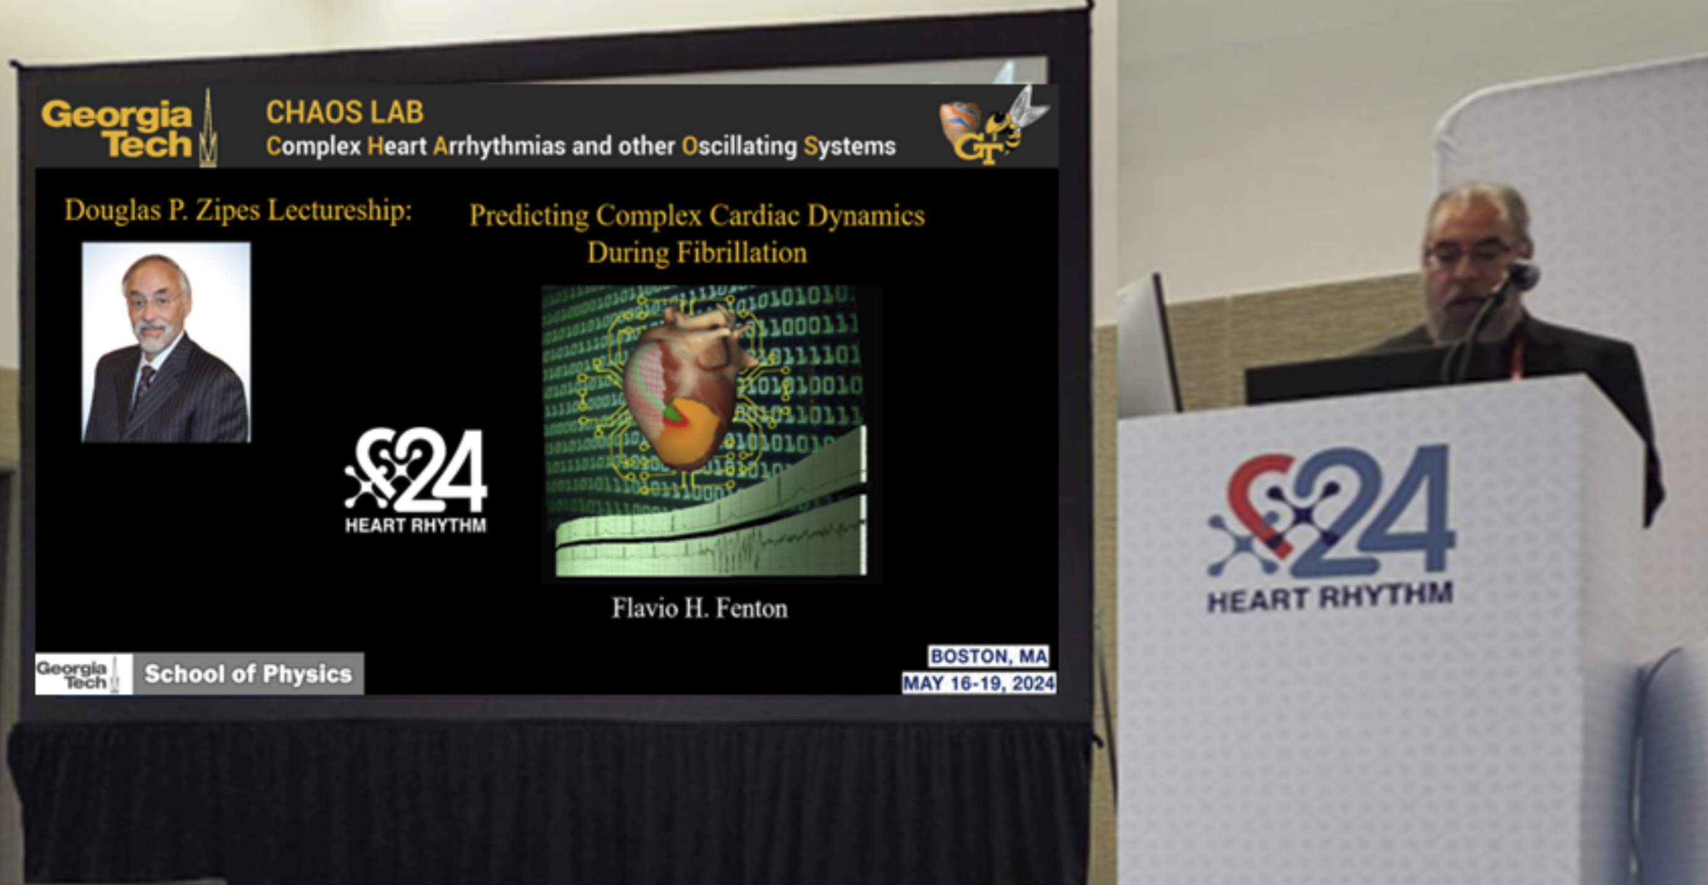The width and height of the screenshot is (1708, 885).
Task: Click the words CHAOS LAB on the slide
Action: click(x=344, y=112)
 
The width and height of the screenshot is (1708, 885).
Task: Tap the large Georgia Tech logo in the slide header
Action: click(x=129, y=129)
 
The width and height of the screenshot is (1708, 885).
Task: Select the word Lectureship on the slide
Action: click(x=340, y=211)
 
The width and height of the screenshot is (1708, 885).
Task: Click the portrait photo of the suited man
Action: click(x=166, y=342)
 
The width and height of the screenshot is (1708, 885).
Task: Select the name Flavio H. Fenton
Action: click(x=699, y=608)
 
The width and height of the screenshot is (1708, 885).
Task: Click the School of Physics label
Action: click(x=248, y=674)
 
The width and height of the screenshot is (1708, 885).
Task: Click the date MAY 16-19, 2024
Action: click(x=978, y=683)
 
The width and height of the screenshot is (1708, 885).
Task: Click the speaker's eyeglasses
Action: click(x=1467, y=255)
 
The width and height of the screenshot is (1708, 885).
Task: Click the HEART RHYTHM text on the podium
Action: click(x=1330, y=597)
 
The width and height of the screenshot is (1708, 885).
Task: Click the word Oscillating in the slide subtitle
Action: click(x=740, y=146)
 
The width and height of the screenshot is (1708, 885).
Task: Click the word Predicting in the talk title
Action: click(x=528, y=216)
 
